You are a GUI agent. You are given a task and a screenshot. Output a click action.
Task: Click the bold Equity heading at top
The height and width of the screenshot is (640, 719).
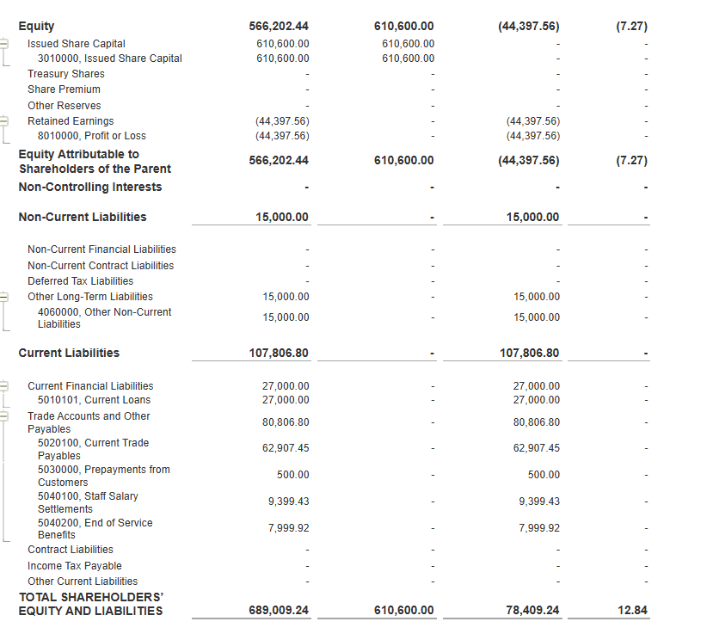[36, 27]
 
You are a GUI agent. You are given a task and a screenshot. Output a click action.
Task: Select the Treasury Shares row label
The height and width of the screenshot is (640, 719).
[65, 74]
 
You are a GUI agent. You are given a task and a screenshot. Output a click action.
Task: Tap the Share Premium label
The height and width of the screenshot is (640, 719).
[64, 89]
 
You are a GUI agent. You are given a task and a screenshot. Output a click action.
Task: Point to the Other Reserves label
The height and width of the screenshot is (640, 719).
[64, 106]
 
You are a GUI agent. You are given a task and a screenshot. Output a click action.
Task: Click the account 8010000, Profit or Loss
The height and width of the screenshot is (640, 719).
[91, 136]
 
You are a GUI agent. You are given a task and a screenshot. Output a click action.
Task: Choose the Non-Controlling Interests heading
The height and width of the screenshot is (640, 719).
[89, 187]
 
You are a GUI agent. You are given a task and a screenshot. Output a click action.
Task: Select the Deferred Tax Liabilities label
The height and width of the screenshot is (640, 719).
[80, 281]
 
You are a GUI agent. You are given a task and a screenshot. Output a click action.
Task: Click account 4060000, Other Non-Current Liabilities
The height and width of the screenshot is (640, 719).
[104, 317]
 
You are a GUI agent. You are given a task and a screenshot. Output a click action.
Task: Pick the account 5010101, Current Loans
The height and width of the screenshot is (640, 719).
[94, 400]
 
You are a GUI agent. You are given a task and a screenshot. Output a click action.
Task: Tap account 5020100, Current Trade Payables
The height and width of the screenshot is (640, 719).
[93, 449]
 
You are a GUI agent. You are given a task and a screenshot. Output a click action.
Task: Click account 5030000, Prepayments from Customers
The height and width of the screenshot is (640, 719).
[103, 476]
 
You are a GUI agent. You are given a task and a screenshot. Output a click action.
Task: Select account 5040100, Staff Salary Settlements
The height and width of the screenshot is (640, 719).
[87, 502]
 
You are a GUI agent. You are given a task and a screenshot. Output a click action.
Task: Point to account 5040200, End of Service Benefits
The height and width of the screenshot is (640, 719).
[95, 528]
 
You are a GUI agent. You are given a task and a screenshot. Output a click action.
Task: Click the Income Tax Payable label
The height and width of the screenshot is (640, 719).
[74, 566]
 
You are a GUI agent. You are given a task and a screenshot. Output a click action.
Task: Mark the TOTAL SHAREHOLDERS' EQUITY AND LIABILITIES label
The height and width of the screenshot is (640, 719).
[90, 604]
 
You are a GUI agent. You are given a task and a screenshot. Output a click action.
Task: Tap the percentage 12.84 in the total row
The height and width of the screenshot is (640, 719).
[632, 611]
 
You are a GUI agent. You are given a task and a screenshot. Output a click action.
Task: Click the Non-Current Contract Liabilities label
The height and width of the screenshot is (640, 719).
[100, 266]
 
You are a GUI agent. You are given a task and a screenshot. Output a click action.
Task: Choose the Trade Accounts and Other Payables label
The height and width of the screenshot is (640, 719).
[88, 422]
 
